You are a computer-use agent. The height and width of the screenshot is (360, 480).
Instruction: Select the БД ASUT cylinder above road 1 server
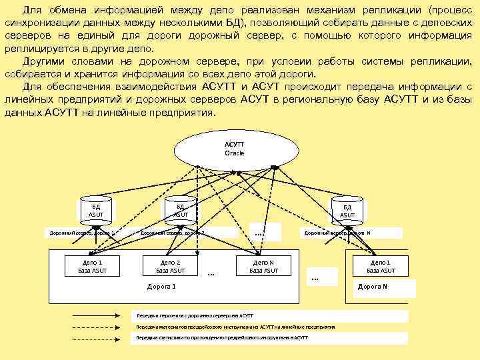(x=96, y=209)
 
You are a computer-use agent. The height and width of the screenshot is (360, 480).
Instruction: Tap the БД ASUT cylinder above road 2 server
(x=180, y=209)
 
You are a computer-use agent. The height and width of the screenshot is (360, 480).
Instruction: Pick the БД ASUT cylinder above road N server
(x=347, y=209)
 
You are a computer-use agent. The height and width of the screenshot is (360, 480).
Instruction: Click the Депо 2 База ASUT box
(x=171, y=266)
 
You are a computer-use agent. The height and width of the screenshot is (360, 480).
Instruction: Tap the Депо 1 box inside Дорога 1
(x=92, y=266)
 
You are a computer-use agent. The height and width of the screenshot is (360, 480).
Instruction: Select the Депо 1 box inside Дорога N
(x=380, y=266)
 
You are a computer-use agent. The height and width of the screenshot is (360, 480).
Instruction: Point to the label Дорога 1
(x=161, y=287)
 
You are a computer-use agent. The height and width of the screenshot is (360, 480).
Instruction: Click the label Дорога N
(x=373, y=287)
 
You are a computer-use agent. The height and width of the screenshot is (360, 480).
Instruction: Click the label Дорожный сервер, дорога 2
(x=172, y=233)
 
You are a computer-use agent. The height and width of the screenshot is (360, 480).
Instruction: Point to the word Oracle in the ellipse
(x=235, y=153)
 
